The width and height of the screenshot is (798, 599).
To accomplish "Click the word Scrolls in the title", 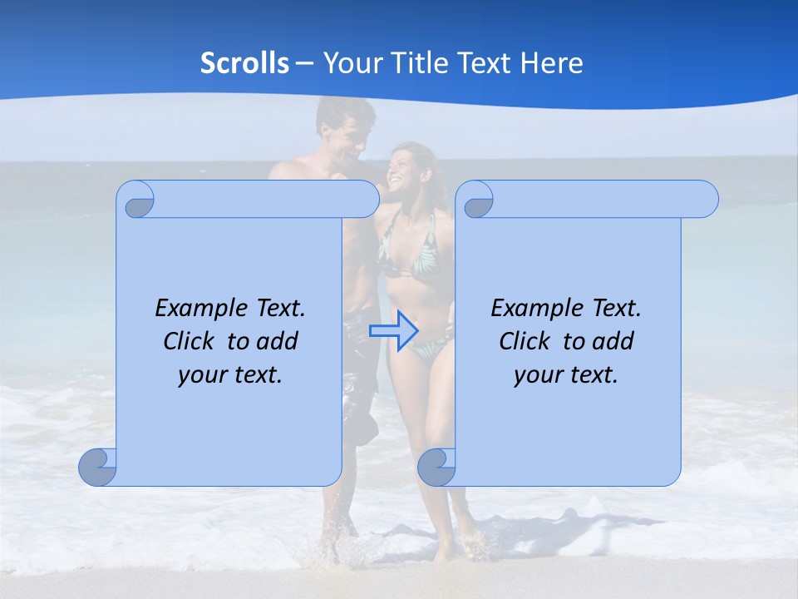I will [244, 63].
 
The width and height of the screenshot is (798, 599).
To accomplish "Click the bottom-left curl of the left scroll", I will [96, 468].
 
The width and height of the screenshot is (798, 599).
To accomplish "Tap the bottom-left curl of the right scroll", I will [436, 468].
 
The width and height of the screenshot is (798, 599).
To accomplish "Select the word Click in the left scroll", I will [190, 342].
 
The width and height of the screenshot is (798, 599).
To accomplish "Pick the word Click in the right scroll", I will [525, 342].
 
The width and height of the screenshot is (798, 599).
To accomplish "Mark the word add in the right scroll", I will [613, 342].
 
